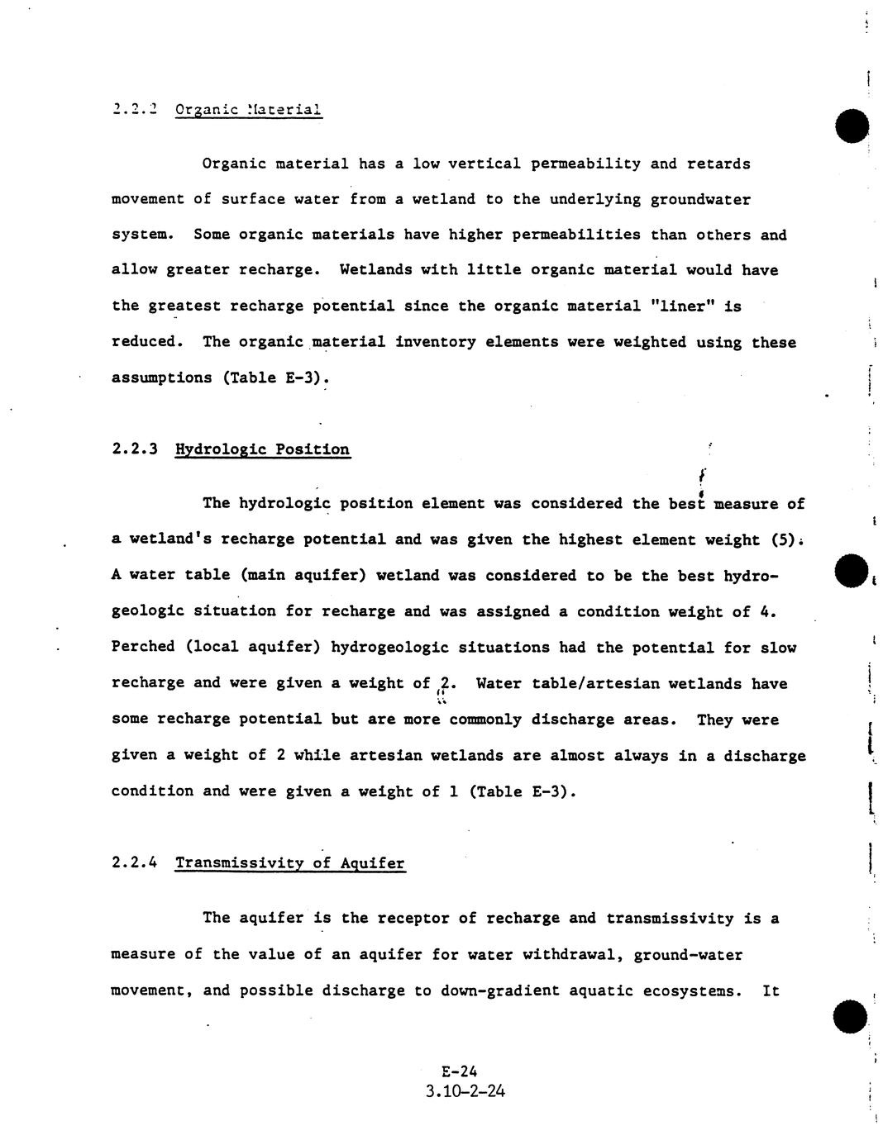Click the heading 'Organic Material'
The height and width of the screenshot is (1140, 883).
249,110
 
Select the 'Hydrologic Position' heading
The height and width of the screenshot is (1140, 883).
262,449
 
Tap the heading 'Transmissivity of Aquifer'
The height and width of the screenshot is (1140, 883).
289,863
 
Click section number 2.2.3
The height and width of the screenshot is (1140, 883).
134,449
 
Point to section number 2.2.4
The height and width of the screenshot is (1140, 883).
134,863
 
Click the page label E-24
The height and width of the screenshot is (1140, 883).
460,1072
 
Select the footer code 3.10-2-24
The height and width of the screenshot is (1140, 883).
465,1091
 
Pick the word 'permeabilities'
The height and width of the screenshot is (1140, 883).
576,235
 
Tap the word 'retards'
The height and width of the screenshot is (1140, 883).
718,164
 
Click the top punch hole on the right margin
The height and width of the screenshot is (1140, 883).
852,126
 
